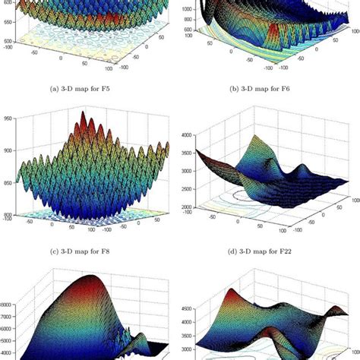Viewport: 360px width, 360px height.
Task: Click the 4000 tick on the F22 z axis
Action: click(191, 134)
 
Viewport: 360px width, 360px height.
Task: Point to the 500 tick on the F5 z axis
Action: click(8, 42)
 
